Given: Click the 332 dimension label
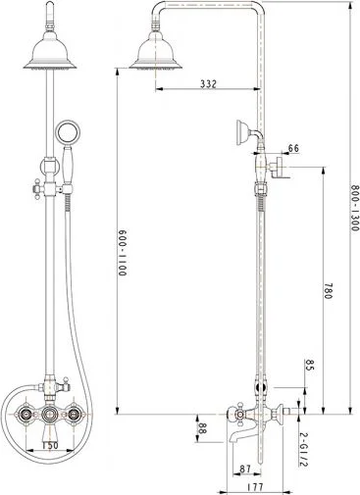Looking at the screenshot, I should pyautogui.click(x=207, y=85).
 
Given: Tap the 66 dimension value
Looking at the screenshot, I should pyautogui.click(x=293, y=149).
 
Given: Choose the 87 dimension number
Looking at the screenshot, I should pyautogui.click(x=244, y=469).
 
